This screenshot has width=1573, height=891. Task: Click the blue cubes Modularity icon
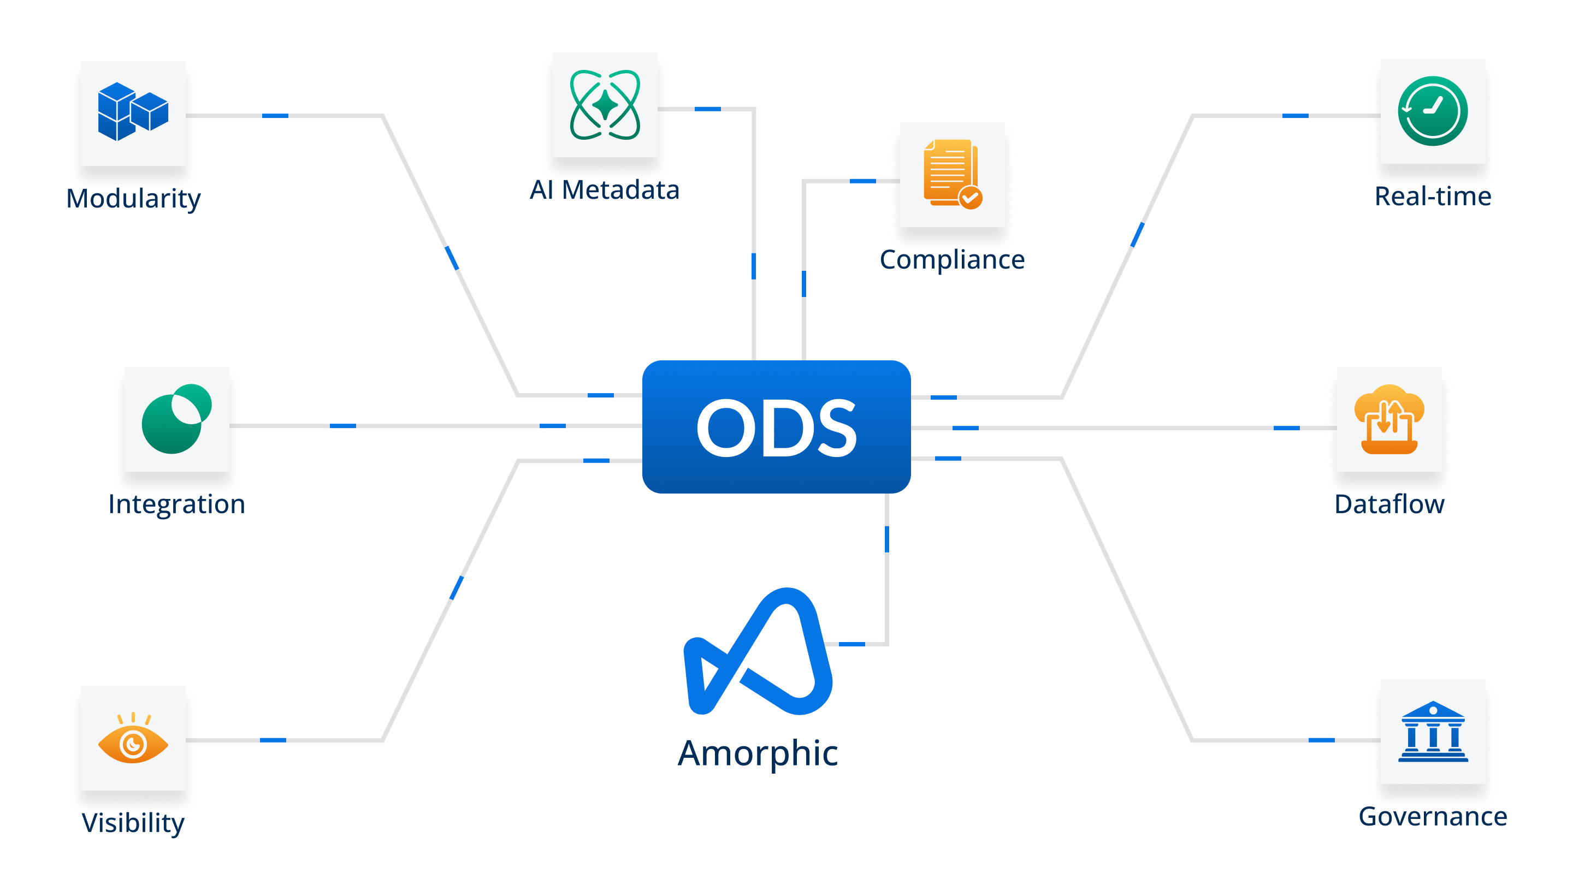pyautogui.click(x=133, y=112)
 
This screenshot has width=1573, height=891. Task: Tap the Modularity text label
pyautogui.click(x=133, y=198)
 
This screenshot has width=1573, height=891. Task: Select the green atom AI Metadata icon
pyautogui.click(x=605, y=105)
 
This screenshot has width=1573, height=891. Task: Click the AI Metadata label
pyautogui.click(x=604, y=189)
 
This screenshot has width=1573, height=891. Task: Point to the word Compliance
pyautogui.click(x=952, y=259)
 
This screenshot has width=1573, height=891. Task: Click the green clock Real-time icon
pyautogui.click(x=1432, y=111)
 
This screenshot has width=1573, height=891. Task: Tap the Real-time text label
pyautogui.click(x=1432, y=197)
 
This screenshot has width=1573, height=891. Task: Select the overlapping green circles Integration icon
pyautogui.click(x=176, y=419)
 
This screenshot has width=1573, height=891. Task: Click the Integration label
pyautogui.click(x=176, y=504)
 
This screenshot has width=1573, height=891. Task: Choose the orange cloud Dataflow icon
pyautogui.click(x=1389, y=419)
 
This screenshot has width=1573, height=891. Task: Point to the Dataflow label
pyautogui.click(x=1389, y=504)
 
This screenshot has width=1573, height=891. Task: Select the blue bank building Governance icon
pyautogui.click(x=1432, y=732)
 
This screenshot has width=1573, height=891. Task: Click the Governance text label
pyautogui.click(x=1432, y=816)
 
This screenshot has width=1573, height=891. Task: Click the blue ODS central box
pyautogui.click(x=776, y=426)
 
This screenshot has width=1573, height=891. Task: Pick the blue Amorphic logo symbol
pyautogui.click(x=758, y=652)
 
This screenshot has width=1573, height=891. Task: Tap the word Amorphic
pyautogui.click(x=758, y=753)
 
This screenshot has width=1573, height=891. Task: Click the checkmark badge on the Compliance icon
pyautogui.click(x=971, y=198)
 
